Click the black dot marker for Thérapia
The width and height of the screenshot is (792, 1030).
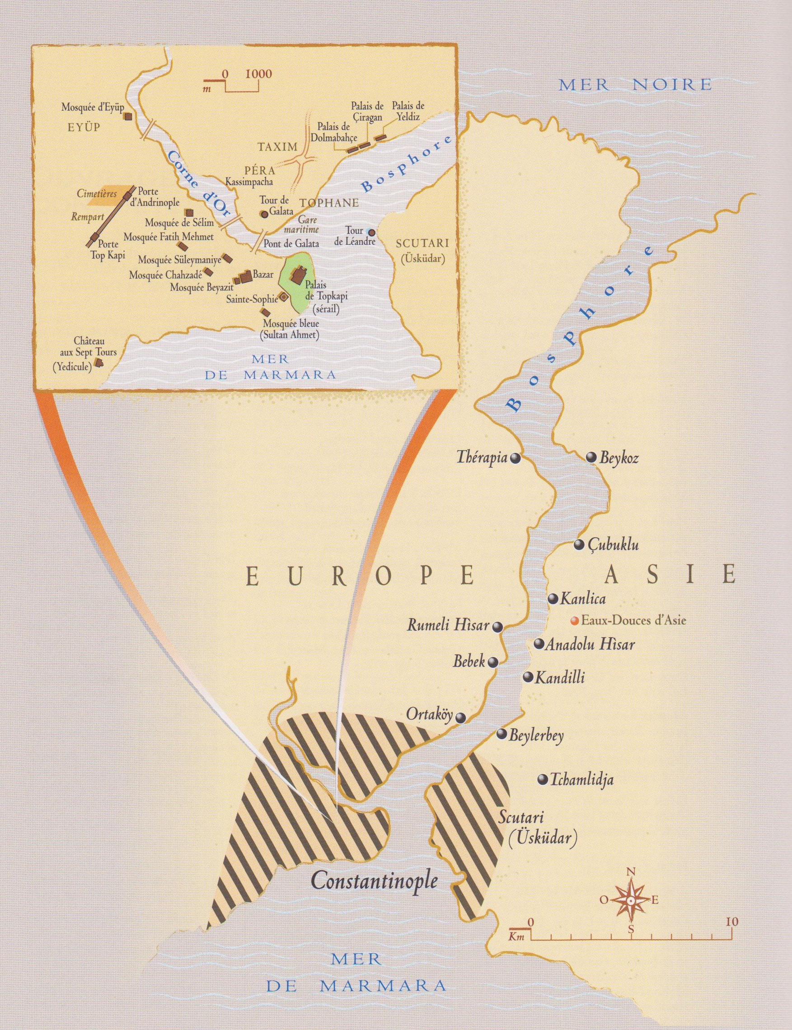(516, 458)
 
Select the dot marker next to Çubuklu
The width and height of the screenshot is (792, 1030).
(579, 545)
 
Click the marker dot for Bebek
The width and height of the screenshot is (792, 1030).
(492, 662)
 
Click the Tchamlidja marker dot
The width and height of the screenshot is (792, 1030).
(543, 779)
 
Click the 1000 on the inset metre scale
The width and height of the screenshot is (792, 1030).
(258, 74)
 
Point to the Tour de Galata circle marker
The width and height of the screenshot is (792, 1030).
(265, 214)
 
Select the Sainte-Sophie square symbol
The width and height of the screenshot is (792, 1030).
(284, 297)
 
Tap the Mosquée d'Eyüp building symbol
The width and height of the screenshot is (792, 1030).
(127, 117)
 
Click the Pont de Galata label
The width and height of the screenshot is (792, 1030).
(291, 243)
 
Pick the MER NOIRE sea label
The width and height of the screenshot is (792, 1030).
(635, 85)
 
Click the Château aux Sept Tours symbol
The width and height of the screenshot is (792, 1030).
(98, 362)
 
